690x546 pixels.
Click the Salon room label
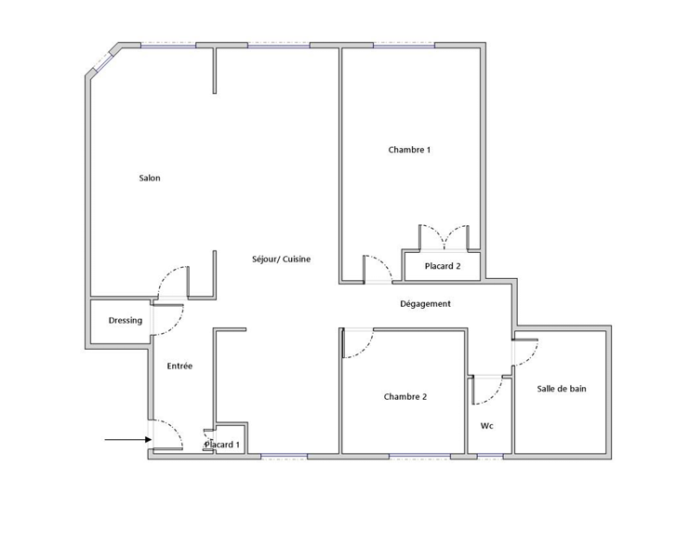pyautogui.click(x=150, y=179)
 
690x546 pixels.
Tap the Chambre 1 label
pyautogui.click(x=409, y=150)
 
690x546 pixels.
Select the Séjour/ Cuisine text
pyautogui.click(x=281, y=260)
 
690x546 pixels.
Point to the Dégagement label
pyautogui.click(x=425, y=304)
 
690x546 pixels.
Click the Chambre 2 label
pyautogui.click(x=405, y=397)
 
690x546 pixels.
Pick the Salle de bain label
pyautogui.click(x=562, y=389)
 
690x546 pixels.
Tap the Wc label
pyautogui.click(x=486, y=426)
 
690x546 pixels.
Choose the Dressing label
pyautogui.click(x=126, y=321)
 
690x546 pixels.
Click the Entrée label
pyautogui.click(x=179, y=366)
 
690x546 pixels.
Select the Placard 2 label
pyautogui.click(x=443, y=266)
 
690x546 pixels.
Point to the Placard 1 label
pyautogui.click(x=222, y=445)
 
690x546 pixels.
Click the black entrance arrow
pyautogui.click(x=128, y=439)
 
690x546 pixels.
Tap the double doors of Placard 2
pyautogui.click(x=444, y=238)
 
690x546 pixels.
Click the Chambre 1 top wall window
pyautogui.click(x=404, y=46)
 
